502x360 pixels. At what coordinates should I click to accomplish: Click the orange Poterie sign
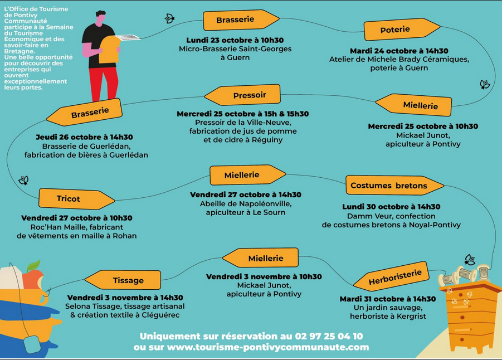(x=402, y=29)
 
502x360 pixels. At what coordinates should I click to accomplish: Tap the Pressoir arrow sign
(x=243, y=95)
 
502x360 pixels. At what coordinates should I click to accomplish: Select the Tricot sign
(x=76, y=199)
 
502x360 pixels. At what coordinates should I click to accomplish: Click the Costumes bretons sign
(x=394, y=185)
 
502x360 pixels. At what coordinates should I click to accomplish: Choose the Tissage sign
(x=123, y=280)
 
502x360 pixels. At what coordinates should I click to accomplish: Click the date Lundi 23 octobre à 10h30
(x=235, y=40)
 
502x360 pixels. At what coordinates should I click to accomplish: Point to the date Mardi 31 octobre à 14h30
(x=388, y=299)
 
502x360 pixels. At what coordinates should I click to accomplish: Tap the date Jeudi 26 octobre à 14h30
(x=84, y=137)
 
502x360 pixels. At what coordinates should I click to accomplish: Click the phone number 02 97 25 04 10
(x=329, y=336)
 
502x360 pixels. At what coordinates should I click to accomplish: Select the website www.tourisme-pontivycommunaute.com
(x=268, y=347)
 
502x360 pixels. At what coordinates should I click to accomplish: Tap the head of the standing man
(x=100, y=18)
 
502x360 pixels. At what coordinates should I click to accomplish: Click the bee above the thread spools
(x=470, y=260)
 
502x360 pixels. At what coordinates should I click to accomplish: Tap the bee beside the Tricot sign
(x=24, y=181)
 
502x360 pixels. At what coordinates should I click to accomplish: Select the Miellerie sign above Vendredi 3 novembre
(x=260, y=258)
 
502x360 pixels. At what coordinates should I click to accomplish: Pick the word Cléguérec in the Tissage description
(x=160, y=315)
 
